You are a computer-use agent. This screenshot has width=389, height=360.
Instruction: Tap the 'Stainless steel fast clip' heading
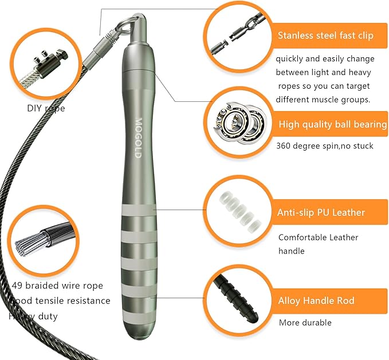[325, 35]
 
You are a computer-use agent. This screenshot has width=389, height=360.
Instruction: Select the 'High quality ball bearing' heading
[332, 124]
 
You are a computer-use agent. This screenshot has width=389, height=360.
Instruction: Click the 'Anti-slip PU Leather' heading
[321, 212]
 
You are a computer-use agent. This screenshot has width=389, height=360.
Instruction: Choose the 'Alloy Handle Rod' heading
[316, 300]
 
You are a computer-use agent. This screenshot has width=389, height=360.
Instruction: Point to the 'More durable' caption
[305, 323]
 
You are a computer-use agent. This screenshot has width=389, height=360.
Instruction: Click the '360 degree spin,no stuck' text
[324, 146]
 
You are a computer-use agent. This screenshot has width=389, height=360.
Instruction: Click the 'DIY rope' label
[46, 108]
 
